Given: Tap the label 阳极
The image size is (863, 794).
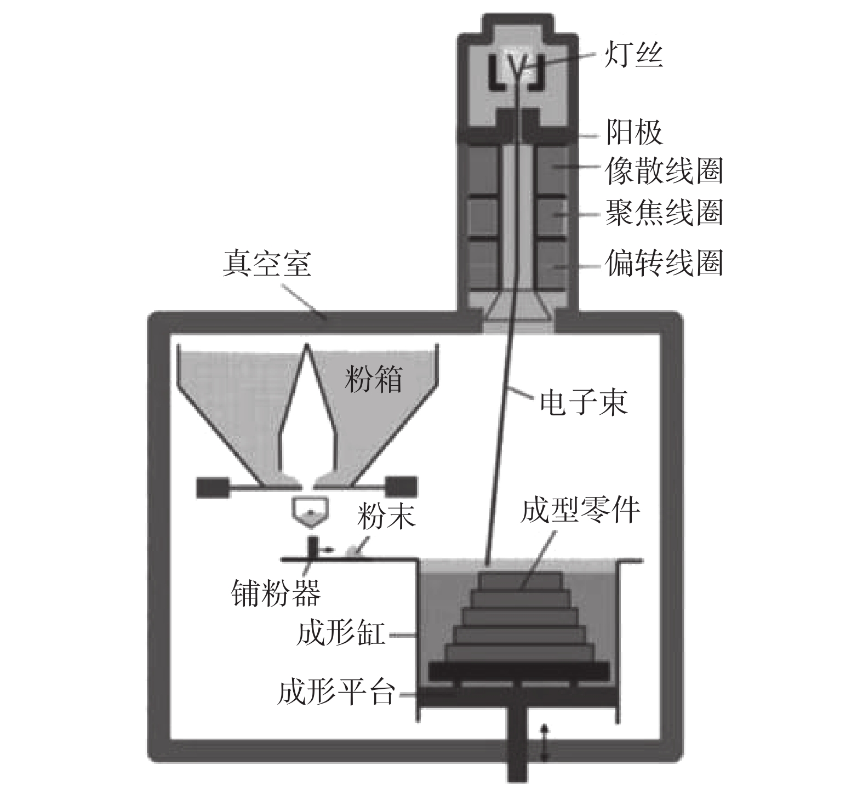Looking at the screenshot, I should pyautogui.click(x=633, y=132).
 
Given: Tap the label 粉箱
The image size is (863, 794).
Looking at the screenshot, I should pyautogui.click(x=373, y=379).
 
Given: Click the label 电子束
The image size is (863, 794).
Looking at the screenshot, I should pyautogui.click(x=583, y=403).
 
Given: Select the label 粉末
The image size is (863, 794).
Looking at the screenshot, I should pyautogui.click(x=386, y=516).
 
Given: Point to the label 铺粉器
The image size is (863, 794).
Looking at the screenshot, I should pyautogui.click(x=276, y=592).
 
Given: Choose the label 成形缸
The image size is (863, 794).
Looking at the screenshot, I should pyautogui.click(x=340, y=635).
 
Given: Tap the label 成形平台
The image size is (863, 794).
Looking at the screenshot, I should pyautogui.click(x=336, y=693).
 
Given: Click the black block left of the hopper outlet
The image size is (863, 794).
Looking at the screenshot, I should pyautogui.click(x=212, y=487).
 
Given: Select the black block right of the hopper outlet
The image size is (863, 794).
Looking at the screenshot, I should pyautogui.click(x=402, y=487).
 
